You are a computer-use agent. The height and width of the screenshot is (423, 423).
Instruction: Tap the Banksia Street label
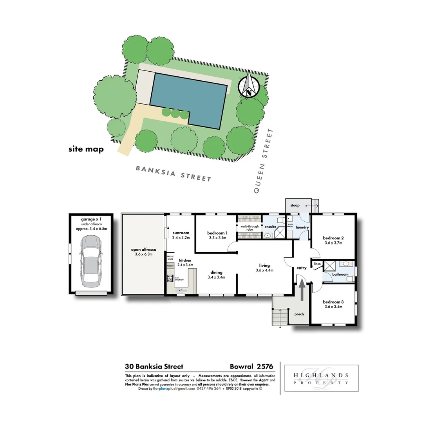174,174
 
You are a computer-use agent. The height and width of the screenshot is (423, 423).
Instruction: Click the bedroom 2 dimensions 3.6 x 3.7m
333,243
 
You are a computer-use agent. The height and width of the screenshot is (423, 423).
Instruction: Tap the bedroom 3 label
333,302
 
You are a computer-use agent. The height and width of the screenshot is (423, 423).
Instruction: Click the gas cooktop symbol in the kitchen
170,278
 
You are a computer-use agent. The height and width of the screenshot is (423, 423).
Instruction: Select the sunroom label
181,233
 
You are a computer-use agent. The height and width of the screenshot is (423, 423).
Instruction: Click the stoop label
295,205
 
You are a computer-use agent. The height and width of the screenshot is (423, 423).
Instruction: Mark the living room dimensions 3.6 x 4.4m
264,270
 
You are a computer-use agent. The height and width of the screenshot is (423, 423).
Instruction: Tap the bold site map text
86,149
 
